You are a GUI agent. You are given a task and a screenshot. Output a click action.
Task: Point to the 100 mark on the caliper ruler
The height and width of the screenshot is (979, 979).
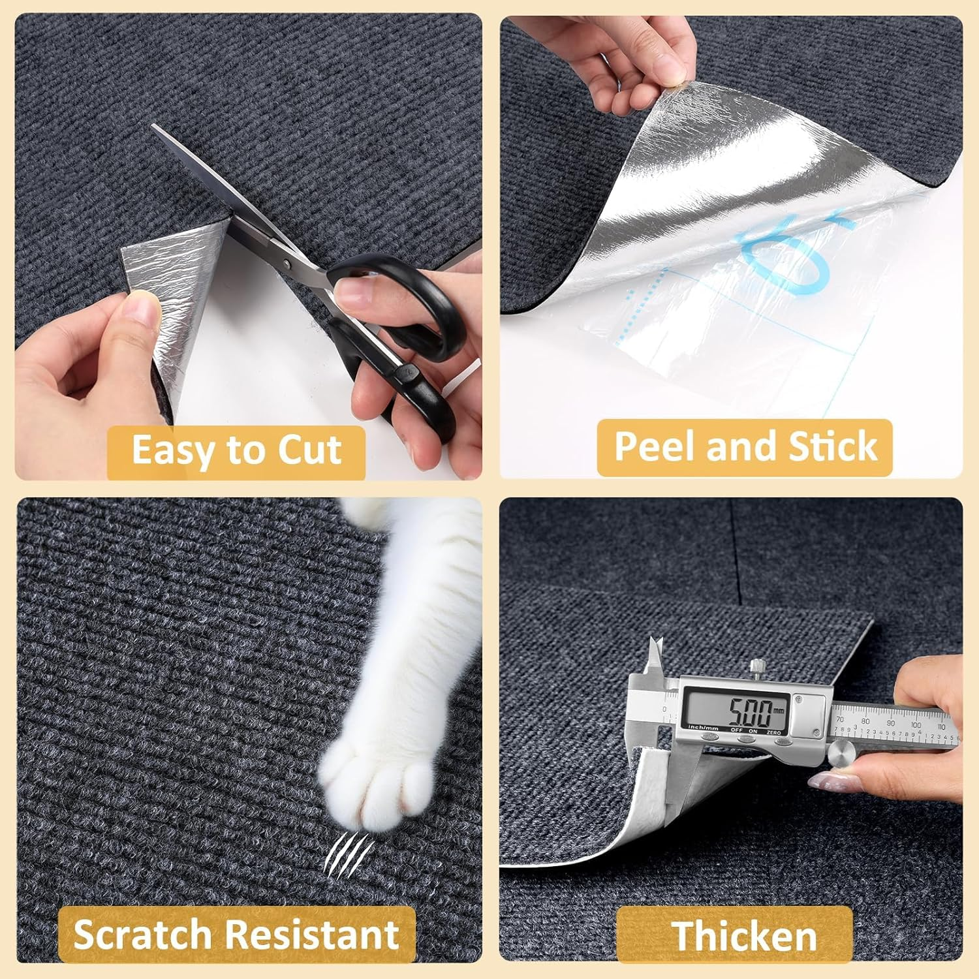tap(915, 724)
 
